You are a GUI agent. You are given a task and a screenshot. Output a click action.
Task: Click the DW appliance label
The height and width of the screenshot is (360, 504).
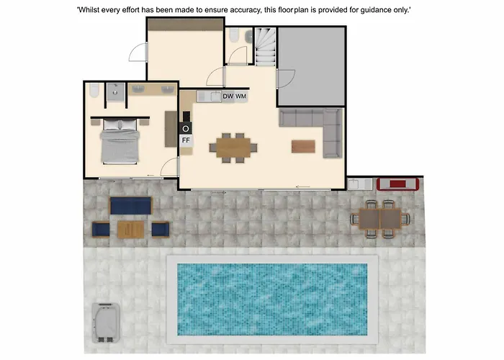[x=228, y=96]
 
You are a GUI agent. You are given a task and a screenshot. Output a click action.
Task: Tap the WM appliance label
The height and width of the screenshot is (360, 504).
[x=240, y=96]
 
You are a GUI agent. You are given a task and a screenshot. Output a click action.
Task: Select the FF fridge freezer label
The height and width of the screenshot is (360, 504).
[x=186, y=140]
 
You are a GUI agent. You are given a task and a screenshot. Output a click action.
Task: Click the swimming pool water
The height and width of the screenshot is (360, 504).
[x=272, y=300]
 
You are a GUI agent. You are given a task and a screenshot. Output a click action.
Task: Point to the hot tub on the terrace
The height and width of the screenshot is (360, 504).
[x=106, y=323]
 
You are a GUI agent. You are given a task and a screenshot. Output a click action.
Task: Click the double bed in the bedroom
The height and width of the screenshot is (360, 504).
[x=120, y=141]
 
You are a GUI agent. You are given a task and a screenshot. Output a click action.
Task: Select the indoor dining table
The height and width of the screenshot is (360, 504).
[x=233, y=148]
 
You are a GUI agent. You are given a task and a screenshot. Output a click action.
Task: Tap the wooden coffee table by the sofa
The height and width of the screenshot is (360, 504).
[x=303, y=146]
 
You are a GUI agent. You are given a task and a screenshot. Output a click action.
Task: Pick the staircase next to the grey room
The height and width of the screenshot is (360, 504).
[x=266, y=46]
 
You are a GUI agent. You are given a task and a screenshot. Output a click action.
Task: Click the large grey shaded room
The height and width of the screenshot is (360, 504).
[x=311, y=66]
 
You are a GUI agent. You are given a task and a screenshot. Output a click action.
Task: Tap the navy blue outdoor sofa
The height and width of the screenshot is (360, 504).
[x=130, y=206]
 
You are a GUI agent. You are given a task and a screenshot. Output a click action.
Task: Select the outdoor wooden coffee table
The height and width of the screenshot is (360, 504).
[x=131, y=229]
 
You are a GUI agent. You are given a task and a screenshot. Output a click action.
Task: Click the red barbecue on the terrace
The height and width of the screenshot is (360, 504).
[x=398, y=184]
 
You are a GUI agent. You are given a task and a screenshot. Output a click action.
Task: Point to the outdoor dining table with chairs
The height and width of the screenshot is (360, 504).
[x=380, y=219]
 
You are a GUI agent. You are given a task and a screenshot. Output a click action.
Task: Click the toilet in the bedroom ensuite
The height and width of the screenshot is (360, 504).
[x=94, y=90]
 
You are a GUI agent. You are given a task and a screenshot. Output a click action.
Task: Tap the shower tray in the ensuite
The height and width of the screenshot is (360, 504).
[x=115, y=92]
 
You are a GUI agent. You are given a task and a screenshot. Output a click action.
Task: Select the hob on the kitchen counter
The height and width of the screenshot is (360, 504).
[x=186, y=129]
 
